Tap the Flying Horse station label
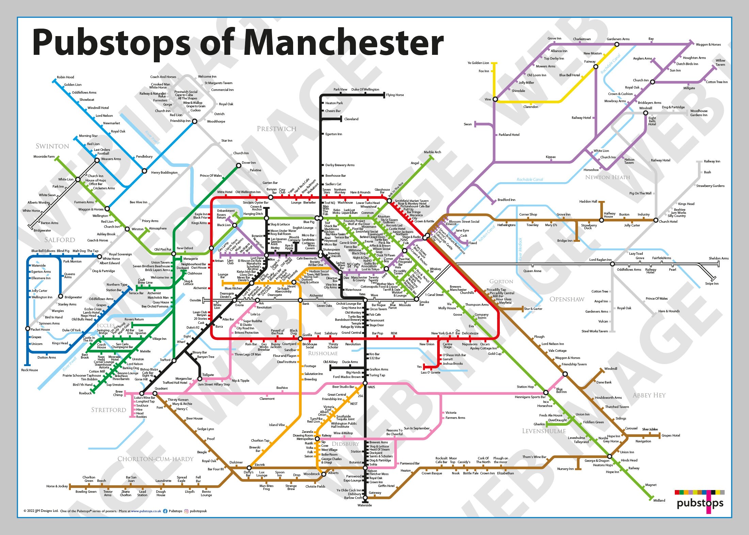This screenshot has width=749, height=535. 395,95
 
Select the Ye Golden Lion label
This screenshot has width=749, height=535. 478,63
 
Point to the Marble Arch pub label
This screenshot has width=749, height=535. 432,152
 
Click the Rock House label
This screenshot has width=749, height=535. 30,370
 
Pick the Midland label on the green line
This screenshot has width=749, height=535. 659,500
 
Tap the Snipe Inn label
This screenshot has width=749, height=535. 712,284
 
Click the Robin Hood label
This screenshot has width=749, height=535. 65,77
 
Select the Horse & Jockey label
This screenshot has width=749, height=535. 57,486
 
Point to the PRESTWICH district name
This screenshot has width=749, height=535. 276,129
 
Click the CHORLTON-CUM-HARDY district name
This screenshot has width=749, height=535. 155,459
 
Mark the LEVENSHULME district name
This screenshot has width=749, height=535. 544,431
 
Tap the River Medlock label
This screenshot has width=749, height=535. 520,249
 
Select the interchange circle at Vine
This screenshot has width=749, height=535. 495,99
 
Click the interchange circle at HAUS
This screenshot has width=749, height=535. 365,383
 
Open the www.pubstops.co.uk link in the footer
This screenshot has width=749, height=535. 146,511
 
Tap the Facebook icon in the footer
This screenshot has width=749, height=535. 165,511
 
